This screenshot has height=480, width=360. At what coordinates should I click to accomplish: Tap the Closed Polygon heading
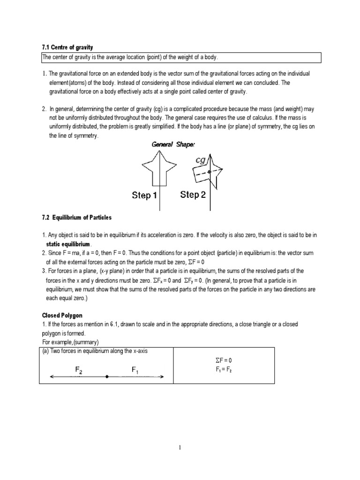63,315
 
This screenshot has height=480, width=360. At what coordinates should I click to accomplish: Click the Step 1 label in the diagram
144,195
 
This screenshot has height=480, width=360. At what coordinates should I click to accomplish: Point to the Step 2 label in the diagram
193,195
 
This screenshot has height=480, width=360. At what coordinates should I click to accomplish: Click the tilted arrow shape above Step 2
204,173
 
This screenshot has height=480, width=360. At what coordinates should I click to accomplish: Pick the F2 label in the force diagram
79,370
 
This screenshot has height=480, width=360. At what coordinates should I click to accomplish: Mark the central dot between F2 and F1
107,376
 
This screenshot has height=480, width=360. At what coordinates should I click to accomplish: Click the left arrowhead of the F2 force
52,376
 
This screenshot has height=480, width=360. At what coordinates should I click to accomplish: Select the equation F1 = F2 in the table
225,369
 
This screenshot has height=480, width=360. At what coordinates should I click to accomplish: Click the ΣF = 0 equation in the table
225,360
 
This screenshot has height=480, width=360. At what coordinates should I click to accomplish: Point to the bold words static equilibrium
69,245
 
